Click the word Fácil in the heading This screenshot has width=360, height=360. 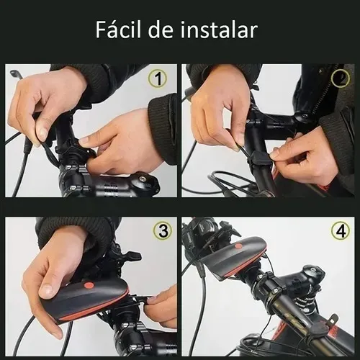[118, 30]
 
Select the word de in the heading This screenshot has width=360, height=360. [161, 30]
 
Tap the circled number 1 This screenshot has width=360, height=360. [158, 78]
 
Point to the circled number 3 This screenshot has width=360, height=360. [163, 230]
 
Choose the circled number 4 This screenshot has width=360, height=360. [341, 230]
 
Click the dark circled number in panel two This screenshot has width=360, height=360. [341, 78]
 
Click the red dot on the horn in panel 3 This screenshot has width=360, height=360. [89, 286]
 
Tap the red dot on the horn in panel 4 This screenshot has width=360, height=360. [238, 246]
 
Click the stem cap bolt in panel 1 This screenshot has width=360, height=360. [143, 179]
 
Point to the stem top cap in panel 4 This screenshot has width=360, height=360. [313, 271]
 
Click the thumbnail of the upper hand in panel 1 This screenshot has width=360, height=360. [42, 132]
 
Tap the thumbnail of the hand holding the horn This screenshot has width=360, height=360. [46, 291]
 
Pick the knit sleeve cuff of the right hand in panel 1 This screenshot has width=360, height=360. [163, 128]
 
